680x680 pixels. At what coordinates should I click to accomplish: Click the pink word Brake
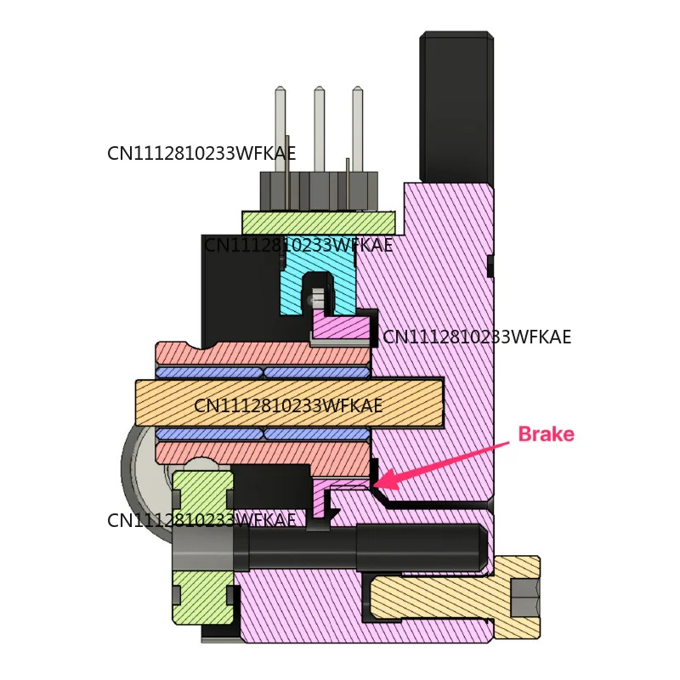point(546,434)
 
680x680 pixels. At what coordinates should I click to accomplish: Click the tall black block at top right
point(456,106)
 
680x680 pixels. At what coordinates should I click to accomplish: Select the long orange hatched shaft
point(289,403)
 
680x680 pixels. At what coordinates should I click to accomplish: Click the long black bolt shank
point(360,547)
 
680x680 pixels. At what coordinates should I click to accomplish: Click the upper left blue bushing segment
point(209,372)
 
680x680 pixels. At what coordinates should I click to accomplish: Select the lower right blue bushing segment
point(317,433)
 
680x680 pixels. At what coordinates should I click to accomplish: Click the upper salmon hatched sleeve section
point(263,353)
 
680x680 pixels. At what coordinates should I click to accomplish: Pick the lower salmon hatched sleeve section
point(263,453)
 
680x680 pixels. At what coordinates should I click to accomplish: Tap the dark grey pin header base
point(319,191)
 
